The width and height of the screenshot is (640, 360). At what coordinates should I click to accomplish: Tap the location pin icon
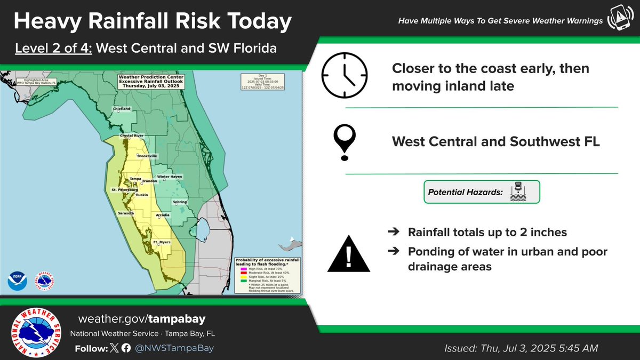[x=345, y=141]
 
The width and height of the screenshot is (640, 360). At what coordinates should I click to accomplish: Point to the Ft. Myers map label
[x=162, y=243]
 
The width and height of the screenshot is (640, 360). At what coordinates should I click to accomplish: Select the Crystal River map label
[x=132, y=136]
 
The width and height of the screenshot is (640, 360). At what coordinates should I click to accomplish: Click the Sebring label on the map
[x=179, y=202]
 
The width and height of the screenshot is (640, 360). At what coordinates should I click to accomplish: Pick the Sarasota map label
[x=126, y=213]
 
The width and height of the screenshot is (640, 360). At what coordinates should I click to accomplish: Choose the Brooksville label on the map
[x=147, y=156]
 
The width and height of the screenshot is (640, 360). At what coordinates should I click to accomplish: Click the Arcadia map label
[x=163, y=215]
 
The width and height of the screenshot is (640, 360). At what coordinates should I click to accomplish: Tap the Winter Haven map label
[x=170, y=177]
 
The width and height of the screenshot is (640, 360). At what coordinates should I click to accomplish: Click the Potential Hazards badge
[x=482, y=191]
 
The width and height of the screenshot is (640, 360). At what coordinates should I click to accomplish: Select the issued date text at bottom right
[x=521, y=348]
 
